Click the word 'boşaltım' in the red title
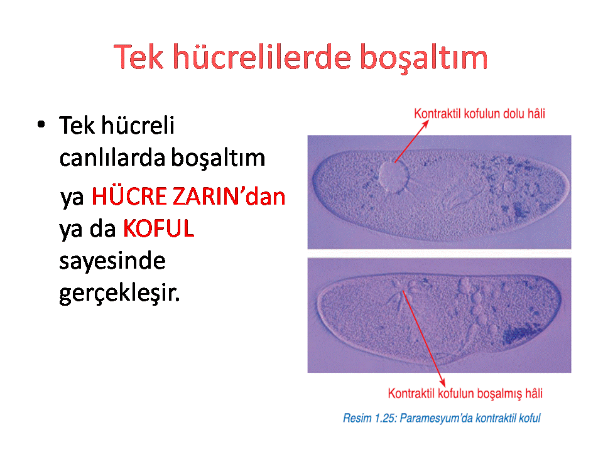424,58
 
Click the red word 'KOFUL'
158,229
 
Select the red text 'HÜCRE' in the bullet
129,196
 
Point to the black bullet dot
41,124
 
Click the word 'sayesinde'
112,261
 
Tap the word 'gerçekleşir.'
119,294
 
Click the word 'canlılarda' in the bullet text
112,158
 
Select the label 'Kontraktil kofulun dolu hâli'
479,114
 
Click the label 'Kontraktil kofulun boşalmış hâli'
465,394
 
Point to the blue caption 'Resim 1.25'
369,418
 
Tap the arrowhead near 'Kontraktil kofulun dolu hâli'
425,124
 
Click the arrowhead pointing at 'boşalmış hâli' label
443,383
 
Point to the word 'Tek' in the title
138,57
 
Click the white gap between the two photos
439,253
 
